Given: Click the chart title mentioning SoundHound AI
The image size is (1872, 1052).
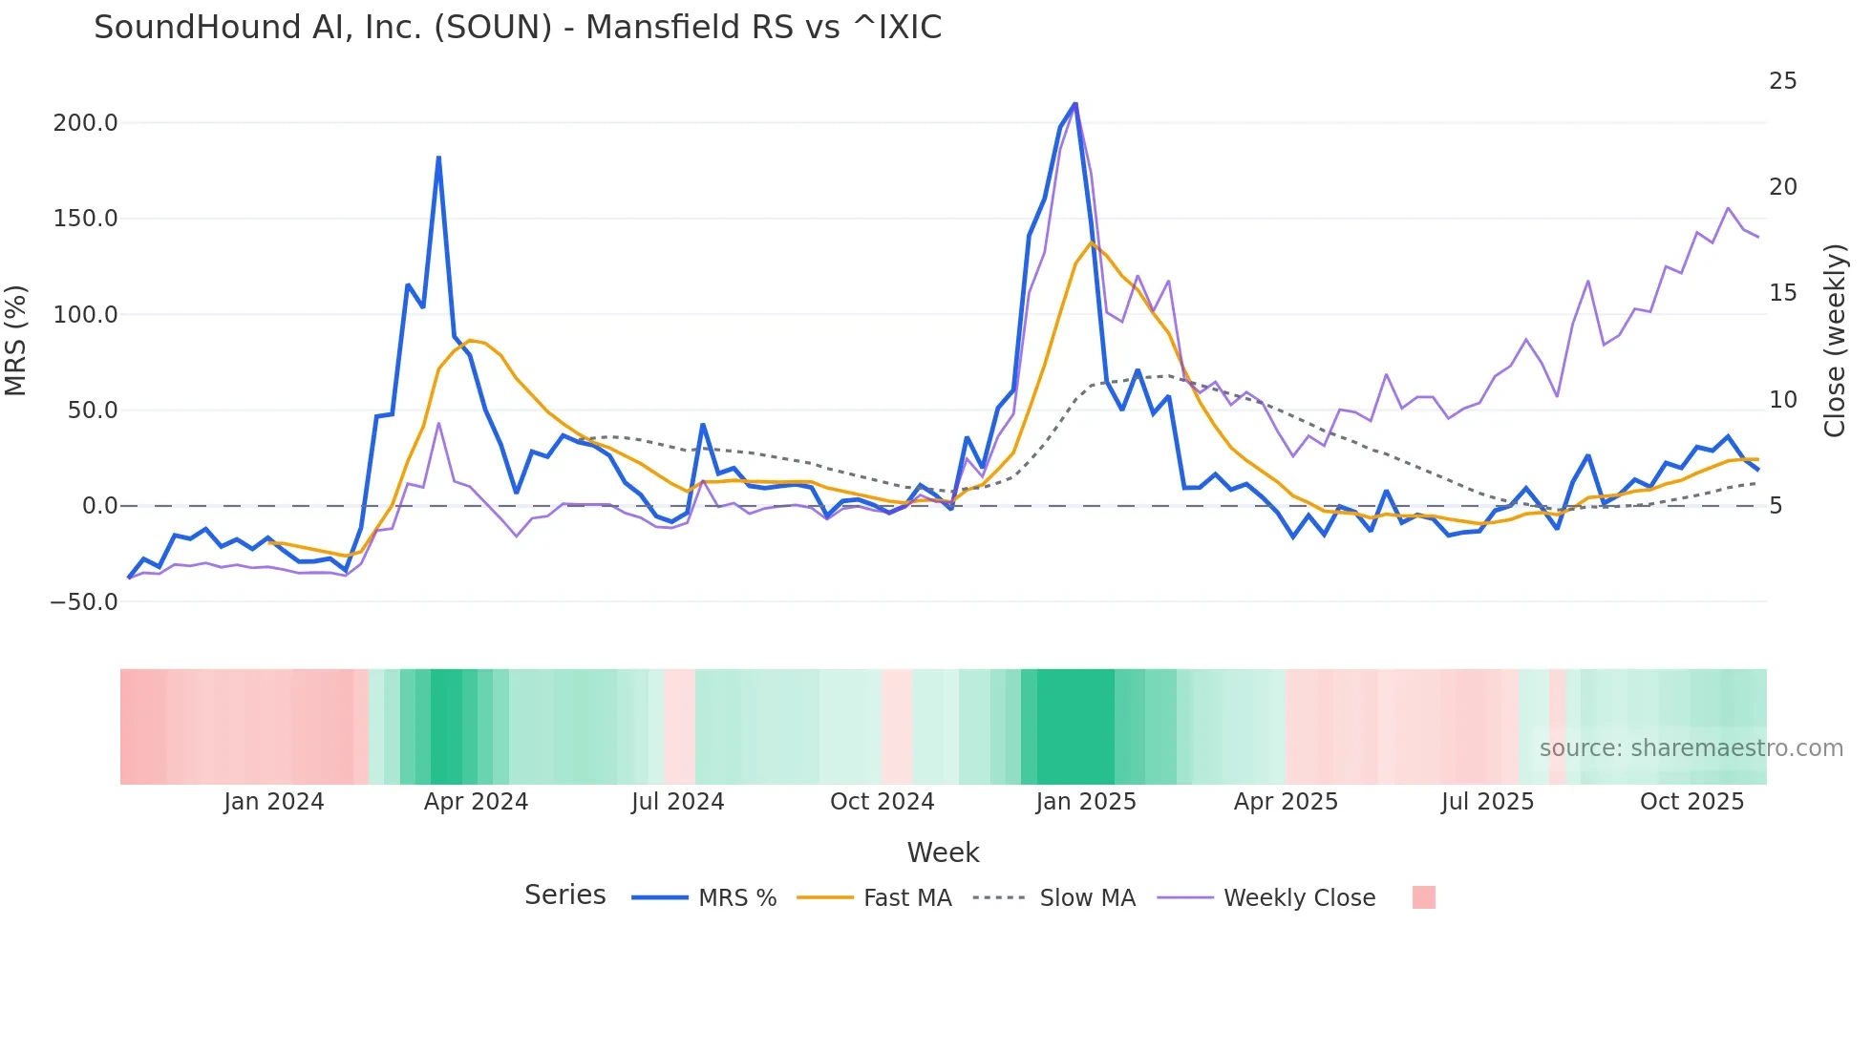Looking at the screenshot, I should (518, 28).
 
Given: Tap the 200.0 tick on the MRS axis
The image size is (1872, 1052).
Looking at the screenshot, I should (86, 123).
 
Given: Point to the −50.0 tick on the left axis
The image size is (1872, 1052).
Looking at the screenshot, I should (84, 602).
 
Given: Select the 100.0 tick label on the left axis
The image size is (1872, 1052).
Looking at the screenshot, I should (86, 315).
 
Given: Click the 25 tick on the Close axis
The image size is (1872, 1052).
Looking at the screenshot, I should (1782, 81).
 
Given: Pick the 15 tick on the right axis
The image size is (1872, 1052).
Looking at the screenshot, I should (1782, 293).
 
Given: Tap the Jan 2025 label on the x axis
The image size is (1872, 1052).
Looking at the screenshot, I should (1086, 802).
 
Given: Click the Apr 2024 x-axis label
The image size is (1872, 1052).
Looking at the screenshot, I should (476, 802).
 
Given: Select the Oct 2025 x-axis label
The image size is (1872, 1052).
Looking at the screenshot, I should (1691, 802).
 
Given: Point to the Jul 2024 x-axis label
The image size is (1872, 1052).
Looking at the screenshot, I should (677, 802).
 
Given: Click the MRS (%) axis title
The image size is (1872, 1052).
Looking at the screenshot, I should (16, 340).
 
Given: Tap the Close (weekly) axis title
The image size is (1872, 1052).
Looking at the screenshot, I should (1835, 341).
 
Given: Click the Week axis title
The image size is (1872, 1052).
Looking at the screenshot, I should (943, 852).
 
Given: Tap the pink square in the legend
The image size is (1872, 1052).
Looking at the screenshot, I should (1423, 897).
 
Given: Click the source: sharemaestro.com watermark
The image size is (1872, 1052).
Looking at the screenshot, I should (1691, 748).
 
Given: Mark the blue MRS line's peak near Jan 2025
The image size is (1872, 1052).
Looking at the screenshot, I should (1075, 103).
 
